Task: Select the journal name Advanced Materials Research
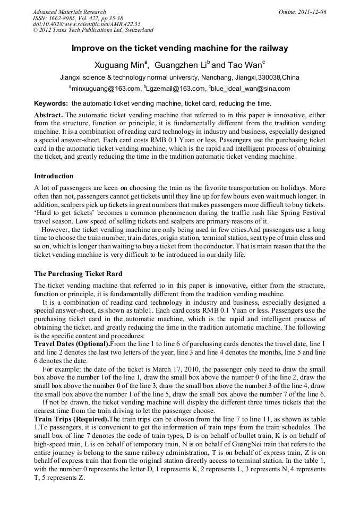point(69,12)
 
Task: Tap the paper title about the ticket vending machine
point(179,48)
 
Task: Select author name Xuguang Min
point(119,65)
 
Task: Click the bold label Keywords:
point(51,103)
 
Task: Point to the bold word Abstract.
point(48,115)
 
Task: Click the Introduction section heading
point(54,176)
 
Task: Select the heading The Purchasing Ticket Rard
point(78,274)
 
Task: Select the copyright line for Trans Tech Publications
point(93,30)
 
